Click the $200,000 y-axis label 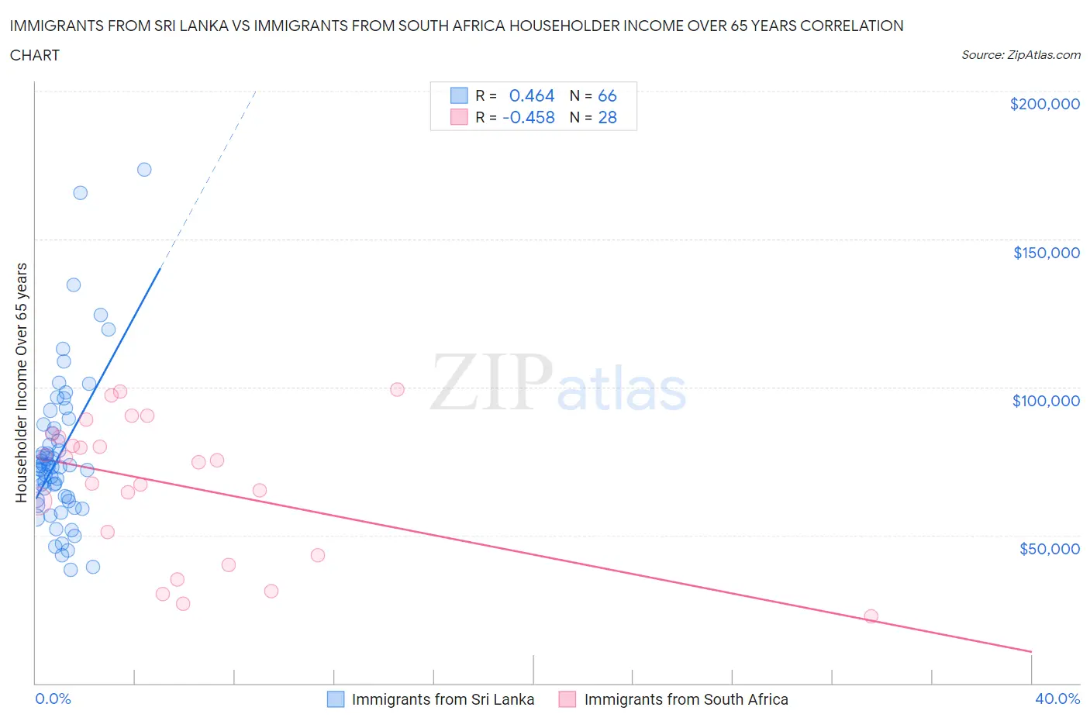[1044, 104]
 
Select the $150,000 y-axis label [1046, 253]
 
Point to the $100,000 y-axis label [1046, 401]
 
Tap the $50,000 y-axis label [1049, 549]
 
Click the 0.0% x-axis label [53, 699]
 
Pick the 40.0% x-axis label [1057, 699]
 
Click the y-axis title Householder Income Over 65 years [21, 382]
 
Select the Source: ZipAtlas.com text [1020, 55]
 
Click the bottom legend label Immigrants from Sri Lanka [443, 699]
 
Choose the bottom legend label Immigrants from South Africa [685, 699]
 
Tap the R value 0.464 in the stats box [532, 95]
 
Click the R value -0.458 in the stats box [529, 117]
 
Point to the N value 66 [607, 95]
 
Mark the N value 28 [607, 117]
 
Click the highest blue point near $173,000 [144, 170]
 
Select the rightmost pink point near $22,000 [871, 616]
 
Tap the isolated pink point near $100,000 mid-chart [397, 389]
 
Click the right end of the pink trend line [1031, 651]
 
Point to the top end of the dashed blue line [255, 92]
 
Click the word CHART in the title [35, 55]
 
